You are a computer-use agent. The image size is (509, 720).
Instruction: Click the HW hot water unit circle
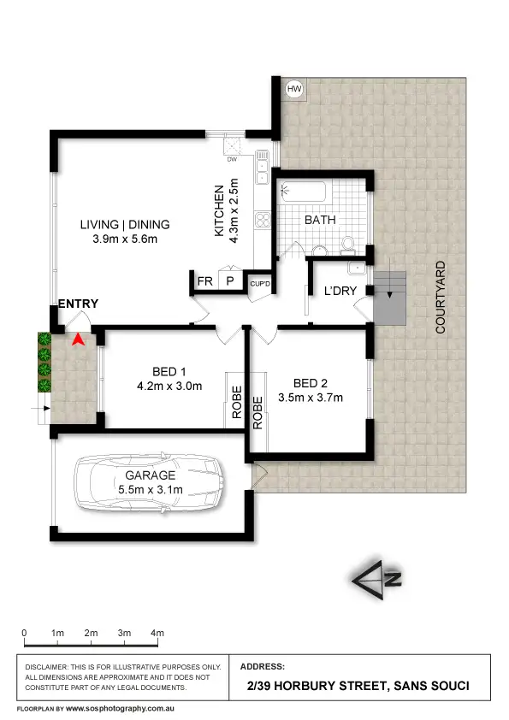click(x=294, y=88)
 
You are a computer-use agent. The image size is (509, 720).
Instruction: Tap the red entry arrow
click(x=78, y=339)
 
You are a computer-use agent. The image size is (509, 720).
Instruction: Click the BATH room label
click(x=320, y=220)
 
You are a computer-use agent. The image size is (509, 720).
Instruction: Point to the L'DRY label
click(x=340, y=291)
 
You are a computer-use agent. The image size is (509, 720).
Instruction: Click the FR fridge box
click(x=204, y=280)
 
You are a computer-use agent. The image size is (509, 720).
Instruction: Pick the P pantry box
click(x=230, y=280)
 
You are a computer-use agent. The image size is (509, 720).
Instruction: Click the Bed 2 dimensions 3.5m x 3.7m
click(x=311, y=397)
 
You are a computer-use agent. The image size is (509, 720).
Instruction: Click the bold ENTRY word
click(x=78, y=304)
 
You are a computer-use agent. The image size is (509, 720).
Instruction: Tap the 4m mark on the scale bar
click(x=157, y=632)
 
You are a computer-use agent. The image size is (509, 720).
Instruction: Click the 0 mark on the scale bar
click(x=24, y=632)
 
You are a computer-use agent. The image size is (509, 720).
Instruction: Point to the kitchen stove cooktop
click(x=263, y=222)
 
